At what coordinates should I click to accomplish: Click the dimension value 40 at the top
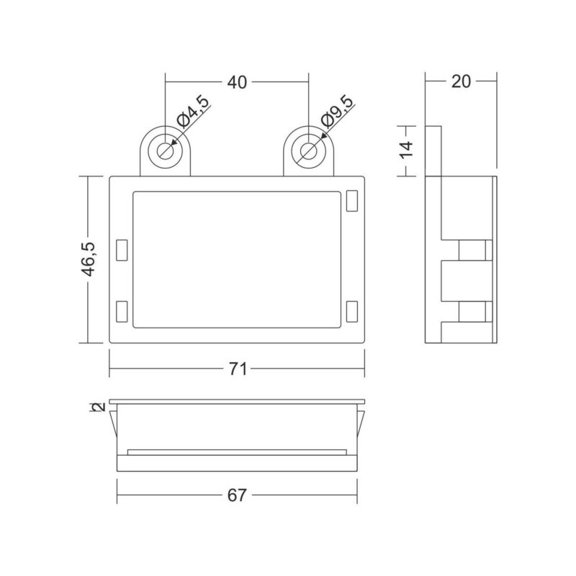[x=237, y=83]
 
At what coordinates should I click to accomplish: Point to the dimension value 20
[x=461, y=81]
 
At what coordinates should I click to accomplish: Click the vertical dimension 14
[x=407, y=150]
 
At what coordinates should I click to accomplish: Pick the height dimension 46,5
[x=89, y=259]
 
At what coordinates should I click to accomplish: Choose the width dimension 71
[x=238, y=369]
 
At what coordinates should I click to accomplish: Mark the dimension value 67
[x=237, y=495]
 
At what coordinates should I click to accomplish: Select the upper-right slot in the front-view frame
[x=351, y=201]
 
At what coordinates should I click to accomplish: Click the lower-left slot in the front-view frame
[x=122, y=311]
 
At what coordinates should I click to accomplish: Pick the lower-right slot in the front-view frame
[x=351, y=311]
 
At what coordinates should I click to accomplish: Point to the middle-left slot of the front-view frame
[x=122, y=249]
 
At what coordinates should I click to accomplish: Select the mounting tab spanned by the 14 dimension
[x=434, y=150]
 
